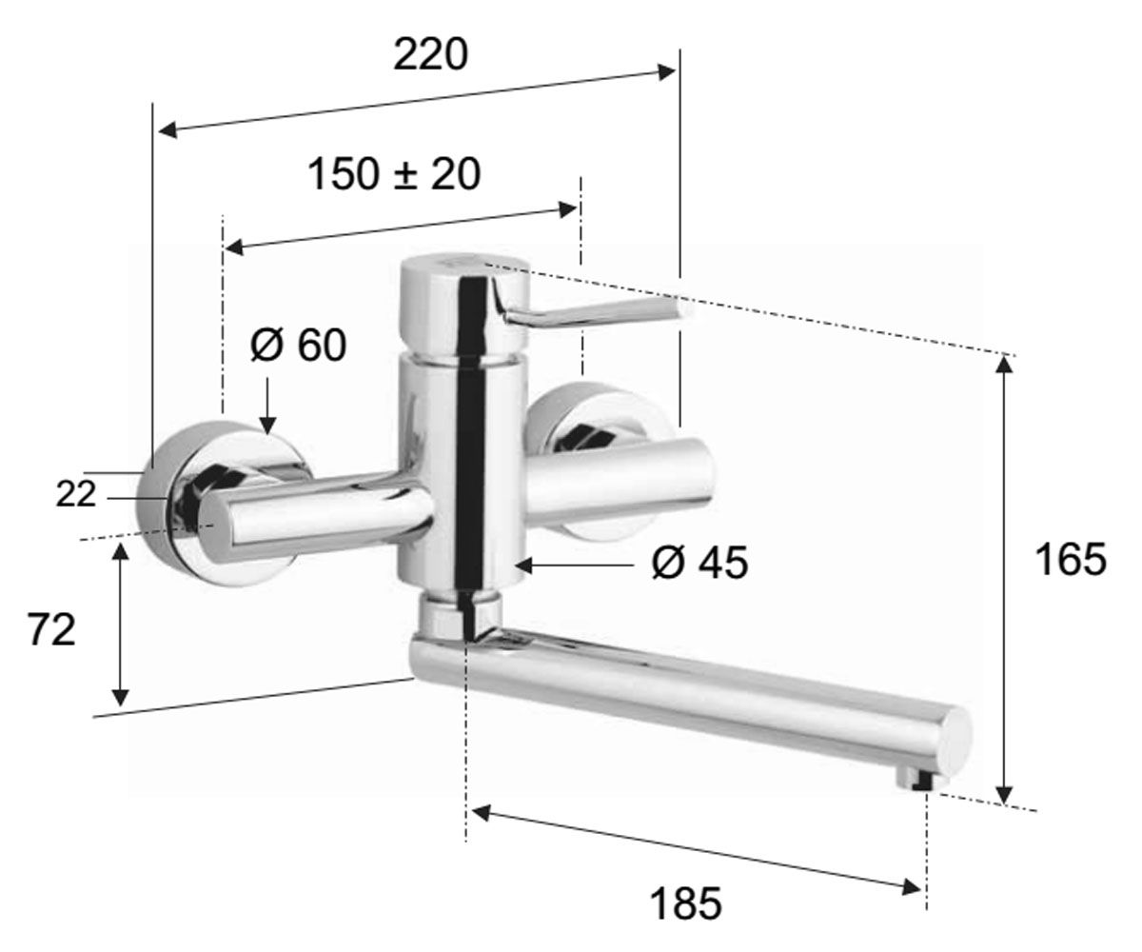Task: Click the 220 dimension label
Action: (430, 54)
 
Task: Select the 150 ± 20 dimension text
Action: (394, 174)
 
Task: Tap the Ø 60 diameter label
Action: (299, 345)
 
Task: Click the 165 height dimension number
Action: (1071, 559)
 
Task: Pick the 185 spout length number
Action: (686, 903)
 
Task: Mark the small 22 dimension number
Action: (76, 495)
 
